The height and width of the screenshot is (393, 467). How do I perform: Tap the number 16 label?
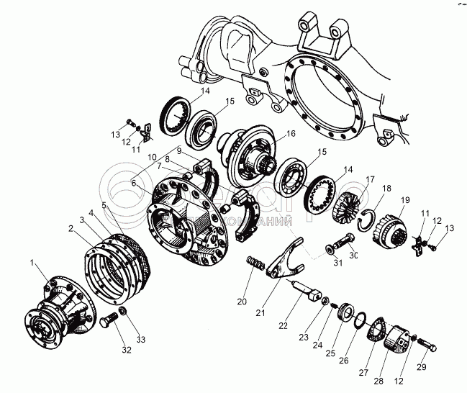pos(291,133)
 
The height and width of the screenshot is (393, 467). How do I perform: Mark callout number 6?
pos(133,183)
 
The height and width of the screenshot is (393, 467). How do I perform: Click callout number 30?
pos(353,256)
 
